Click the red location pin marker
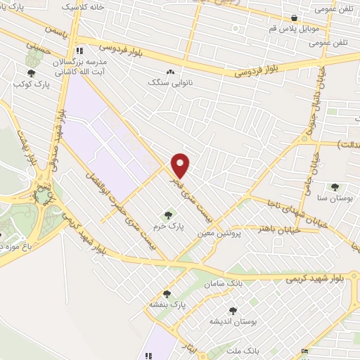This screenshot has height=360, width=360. coord(181,165)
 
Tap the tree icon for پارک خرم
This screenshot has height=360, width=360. coord(167,214)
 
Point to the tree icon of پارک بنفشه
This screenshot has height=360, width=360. coord(167,294)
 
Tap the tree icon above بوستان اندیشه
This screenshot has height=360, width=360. coord(232,309)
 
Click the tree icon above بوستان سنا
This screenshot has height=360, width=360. coord(334,187)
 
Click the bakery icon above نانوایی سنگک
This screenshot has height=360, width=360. coord(169,72)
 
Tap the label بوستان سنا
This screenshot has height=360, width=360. coord(335,200)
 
